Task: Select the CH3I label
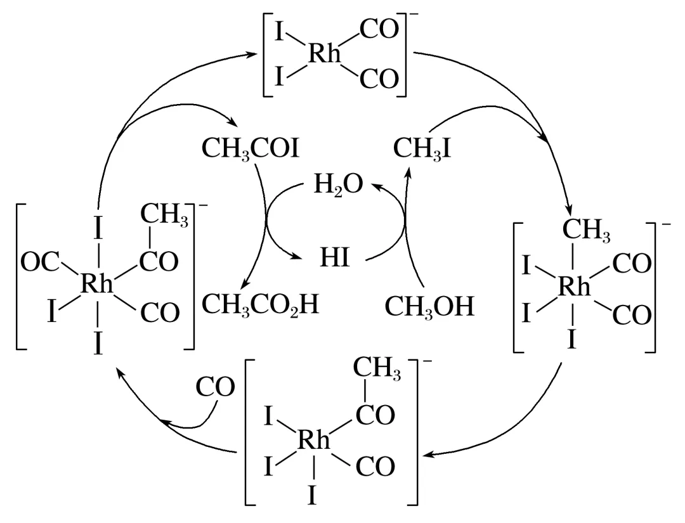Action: pyautogui.click(x=422, y=151)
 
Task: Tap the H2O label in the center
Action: pyautogui.click(x=339, y=185)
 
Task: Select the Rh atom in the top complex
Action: pyautogui.click(x=325, y=55)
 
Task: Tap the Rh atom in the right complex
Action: pyautogui.click(x=575, y=288)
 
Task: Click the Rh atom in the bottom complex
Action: pyautogui.click(x=315, y=441)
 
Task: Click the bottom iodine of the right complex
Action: pyautogui.click(x=573, y=342)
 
